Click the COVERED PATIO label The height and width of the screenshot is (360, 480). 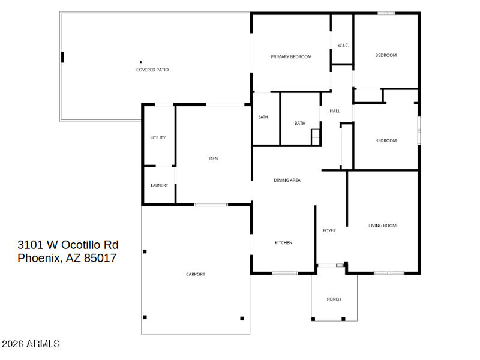tap(152, 70)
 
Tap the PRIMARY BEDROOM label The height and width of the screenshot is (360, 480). tap(291, 56)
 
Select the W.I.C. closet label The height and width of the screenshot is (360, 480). tap(343, 46)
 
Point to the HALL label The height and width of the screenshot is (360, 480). tap(335, 111)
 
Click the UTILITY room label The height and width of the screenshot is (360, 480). tap(158, 138)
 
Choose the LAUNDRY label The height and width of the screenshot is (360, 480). tap(160, 185)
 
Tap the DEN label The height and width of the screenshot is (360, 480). tap(214, 158)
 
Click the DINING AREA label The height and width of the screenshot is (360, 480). tap(287, 181)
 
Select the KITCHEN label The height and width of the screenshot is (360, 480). tap(283, 243)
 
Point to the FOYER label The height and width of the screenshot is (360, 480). tap(329, 230)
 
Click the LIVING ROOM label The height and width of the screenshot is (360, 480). tap(383, 226)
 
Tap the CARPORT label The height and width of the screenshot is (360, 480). tap(196, 274)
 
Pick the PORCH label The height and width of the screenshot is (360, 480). tap(334, 299)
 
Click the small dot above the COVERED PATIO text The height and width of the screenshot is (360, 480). tap(141, 62)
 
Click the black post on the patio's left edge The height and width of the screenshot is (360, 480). tap(63, 57)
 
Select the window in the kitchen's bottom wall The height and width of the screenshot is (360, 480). tap(285, 273)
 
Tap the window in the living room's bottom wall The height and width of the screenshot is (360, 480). tap(389, 273)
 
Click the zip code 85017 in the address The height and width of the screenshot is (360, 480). tap(100, 258)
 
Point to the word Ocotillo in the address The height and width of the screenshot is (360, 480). tap(81, 245)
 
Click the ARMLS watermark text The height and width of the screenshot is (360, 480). tap(43, 344)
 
